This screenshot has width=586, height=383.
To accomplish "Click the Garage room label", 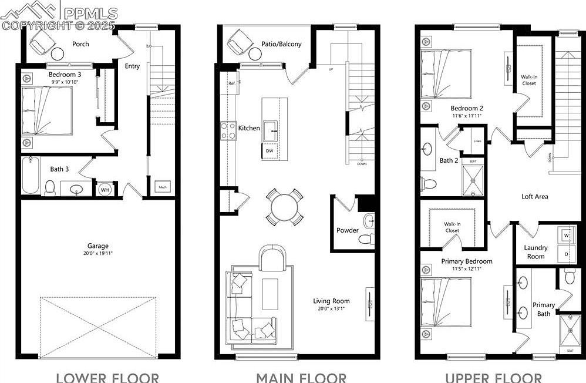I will [x=98, y=246].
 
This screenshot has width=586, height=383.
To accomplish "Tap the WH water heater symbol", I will [x=105, y=190].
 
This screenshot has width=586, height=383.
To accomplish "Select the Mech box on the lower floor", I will [x=162, y=187].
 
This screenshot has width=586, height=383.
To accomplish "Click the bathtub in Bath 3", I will [x=31, y=174].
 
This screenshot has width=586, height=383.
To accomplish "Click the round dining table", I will [x=284, y=206].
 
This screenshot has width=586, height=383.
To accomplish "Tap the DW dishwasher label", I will [x=270, y=151].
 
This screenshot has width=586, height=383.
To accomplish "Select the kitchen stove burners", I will [x=228, y=130].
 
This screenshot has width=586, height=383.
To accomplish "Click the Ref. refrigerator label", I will [x=232, y=84].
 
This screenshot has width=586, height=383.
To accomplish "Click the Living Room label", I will [x=331, y=301].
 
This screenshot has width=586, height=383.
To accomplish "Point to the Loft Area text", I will [x=535, y=196].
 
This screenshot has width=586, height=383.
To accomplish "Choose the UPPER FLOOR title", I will [x=493, y=377].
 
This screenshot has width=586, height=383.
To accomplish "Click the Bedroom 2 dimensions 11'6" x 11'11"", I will [x=467, y=116].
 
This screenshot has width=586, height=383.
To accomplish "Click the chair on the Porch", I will [x=43, y=42].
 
